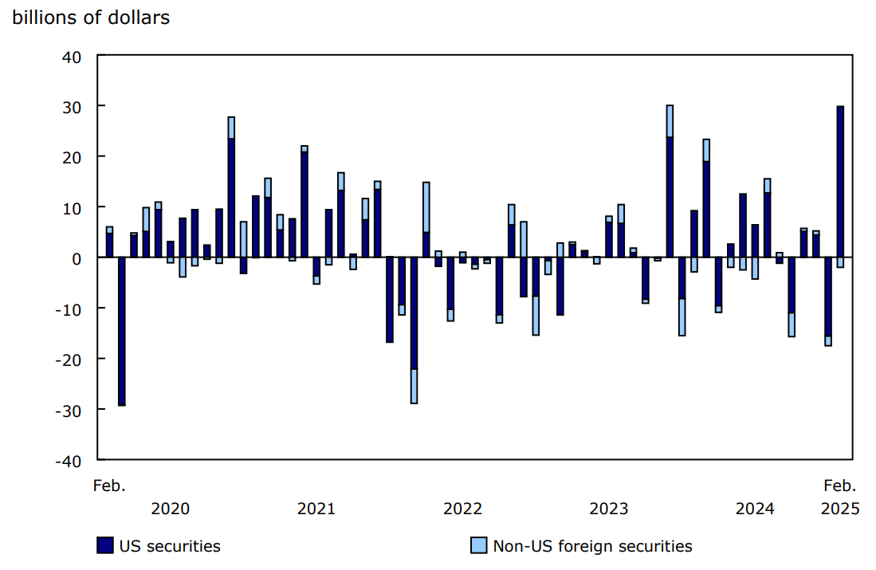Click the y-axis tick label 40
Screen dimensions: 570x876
click(73, 56)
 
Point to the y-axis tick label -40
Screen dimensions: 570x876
click(69, 460)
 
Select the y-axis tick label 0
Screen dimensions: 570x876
click(77, 257)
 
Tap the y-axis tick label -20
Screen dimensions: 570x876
click(69, 359)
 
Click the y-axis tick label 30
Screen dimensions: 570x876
click(73, 106)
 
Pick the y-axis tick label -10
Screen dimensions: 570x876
click(69, 309)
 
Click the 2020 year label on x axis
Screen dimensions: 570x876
click(170, 509)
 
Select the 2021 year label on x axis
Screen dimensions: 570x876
click(316, 509)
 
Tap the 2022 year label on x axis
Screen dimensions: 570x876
click(462, 509)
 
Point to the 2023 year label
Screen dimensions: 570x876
click(608, 509)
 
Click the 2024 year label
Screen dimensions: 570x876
click(754, 509)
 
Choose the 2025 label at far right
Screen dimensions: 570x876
click(840, 509)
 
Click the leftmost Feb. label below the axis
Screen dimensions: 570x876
click(110, 485)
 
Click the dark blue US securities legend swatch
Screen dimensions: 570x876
click(104, 546)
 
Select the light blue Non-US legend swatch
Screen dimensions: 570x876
click(478, 546)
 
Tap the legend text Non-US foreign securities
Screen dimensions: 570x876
click(592, 546)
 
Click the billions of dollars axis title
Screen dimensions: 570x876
click(91, 18)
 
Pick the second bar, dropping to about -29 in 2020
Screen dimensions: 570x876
click(122, 331)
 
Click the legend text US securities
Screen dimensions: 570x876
click(170, 546)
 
